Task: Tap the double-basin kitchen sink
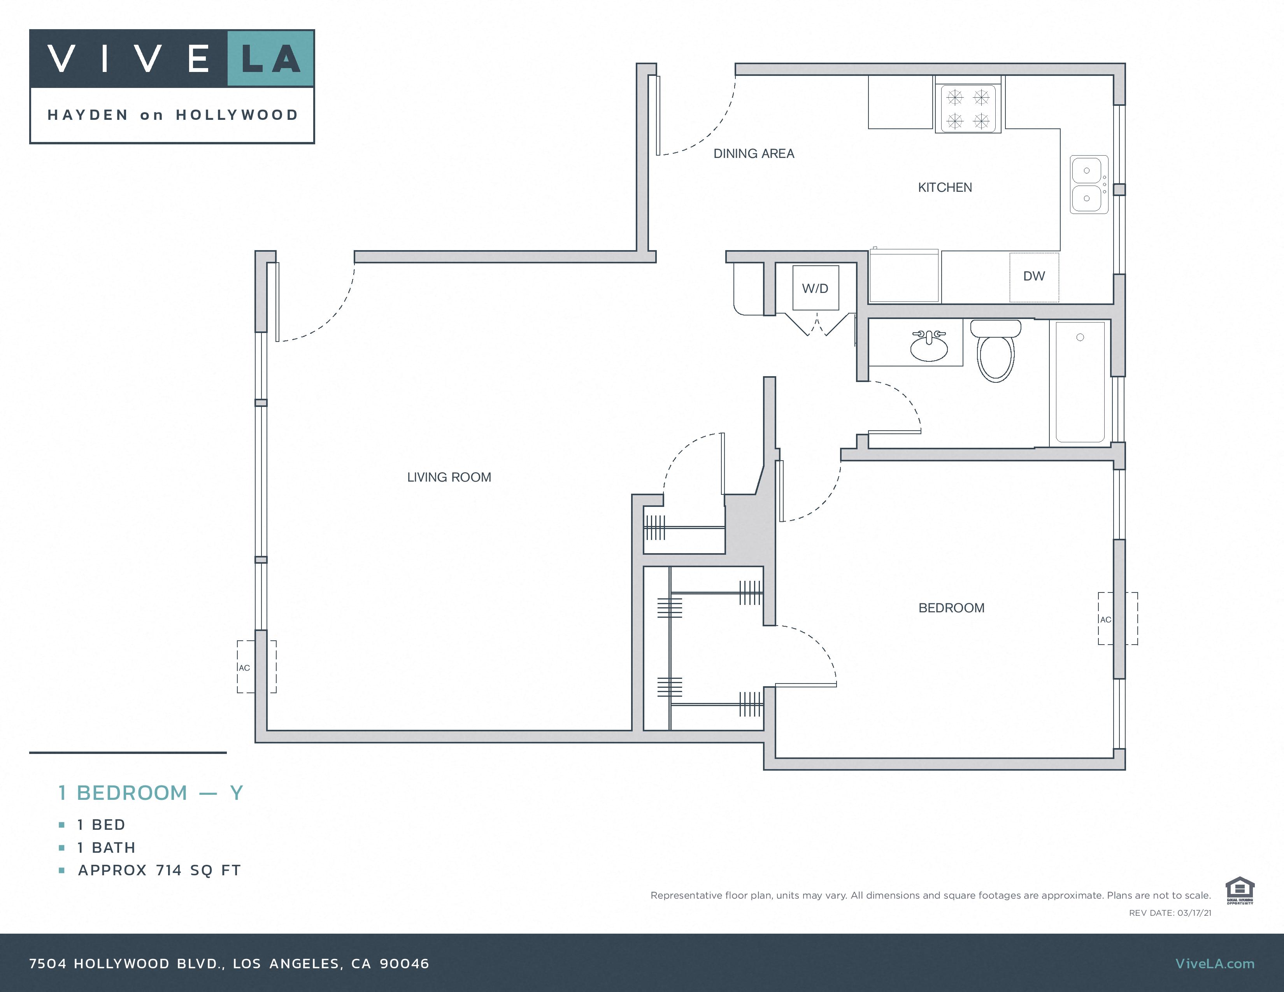1088,184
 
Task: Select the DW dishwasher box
1034,276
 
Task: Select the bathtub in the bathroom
1080,382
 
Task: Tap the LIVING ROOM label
449,477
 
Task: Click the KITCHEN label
945,188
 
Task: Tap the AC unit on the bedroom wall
1117,619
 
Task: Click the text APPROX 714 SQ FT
159,870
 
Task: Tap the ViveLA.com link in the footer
1215,964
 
